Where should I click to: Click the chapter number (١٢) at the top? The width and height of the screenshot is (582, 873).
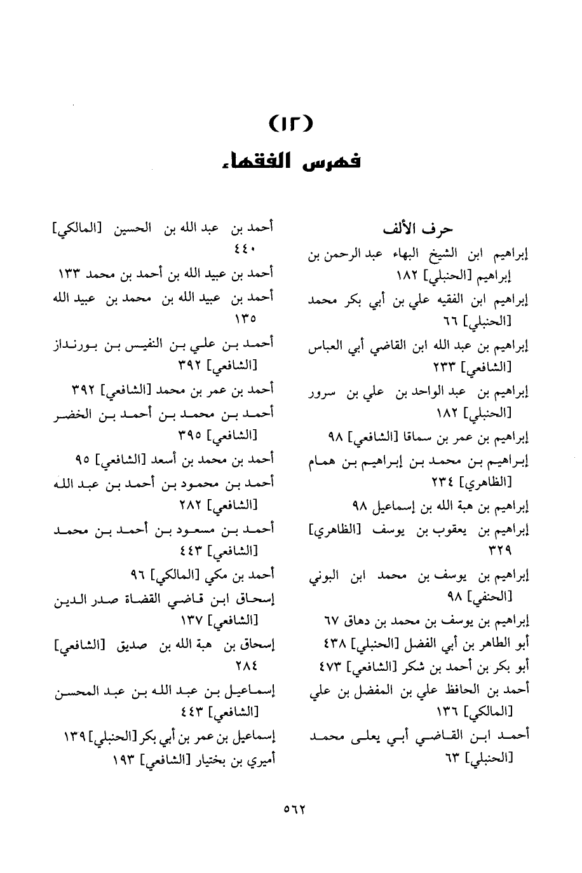click(x=291, y=122)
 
